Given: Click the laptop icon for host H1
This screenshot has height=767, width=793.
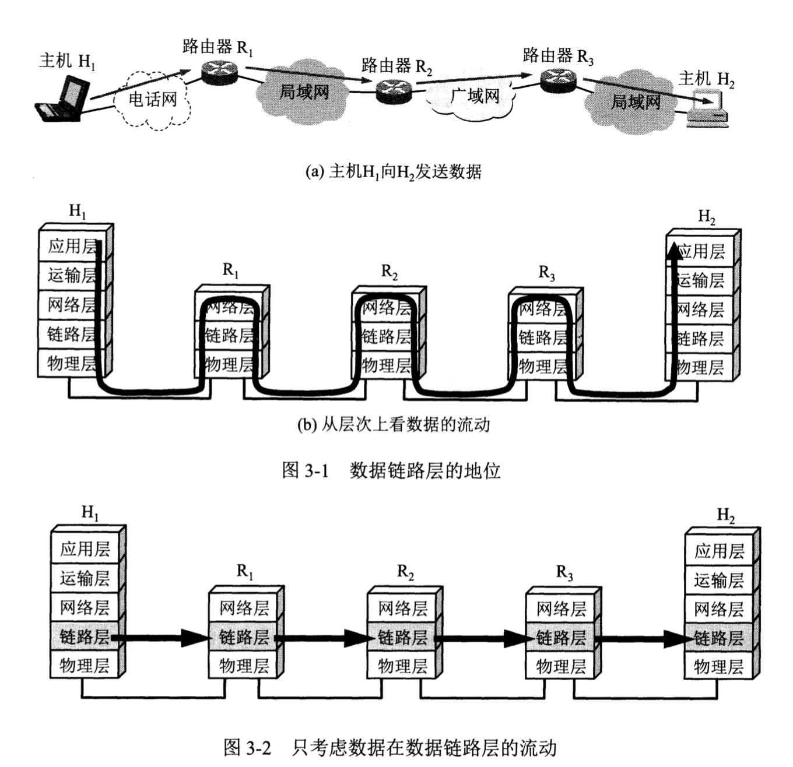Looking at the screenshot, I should pyautogui.click(x=62, y=101).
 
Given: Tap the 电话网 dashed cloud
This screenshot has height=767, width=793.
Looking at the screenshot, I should pyautogui.click(x=152, y=100).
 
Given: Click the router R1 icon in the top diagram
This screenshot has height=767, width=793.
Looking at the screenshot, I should pyautogui.click(x=220, y=72).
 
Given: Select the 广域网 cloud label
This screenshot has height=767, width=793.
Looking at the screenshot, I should pyautogui.click(x=476, y=96).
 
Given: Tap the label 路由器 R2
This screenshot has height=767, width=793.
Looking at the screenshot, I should pyautogui.click(x=396, y=66).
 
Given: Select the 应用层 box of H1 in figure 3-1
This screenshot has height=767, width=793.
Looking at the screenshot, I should pyautogui.click(x=72, y=246).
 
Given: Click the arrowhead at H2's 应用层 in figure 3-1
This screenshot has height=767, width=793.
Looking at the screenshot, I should pyautogui.click(x=675, y=251).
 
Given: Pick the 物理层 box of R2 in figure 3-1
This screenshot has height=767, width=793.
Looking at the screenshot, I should pyautogui.click(x=386, y=365).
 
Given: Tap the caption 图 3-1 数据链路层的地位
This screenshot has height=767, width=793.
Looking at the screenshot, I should pyautogui.click(x=391, y=470).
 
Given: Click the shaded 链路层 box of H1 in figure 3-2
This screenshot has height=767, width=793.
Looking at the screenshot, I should pyautogui.click(x=85, y=636).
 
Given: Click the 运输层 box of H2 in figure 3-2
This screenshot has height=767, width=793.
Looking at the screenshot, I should pyautogui.click(x=719, y=580).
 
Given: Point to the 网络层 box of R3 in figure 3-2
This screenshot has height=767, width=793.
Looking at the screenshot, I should pyautogui.click(x=561, y=609).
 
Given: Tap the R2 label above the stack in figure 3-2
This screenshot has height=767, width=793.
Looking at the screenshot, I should pyautogui.click(x=405, y=572).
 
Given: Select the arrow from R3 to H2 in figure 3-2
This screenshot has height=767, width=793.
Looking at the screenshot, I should pyautogui.click(x=641, y=638).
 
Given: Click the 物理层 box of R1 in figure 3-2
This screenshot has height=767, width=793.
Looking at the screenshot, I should pyautogui.click(x=244, y=666).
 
